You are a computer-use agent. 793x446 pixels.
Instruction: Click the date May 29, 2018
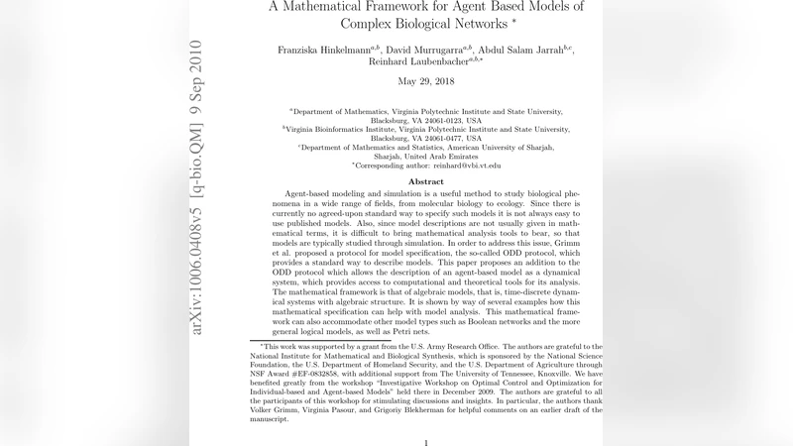pos(426,81)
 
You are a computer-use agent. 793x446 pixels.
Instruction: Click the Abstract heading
pos(426,182)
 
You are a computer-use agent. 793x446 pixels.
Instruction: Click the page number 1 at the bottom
pos(426,442)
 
